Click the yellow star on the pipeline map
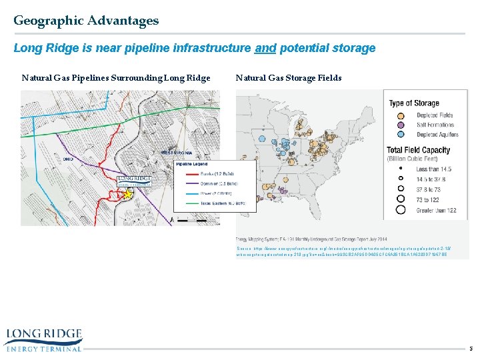point(126,194)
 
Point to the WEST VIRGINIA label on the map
point(177,153)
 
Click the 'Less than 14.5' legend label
point(434,170)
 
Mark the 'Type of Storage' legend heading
point(414,103)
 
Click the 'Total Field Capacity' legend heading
point(423,151)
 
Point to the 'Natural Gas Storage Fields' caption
point(289,78)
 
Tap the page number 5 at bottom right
point(470,348)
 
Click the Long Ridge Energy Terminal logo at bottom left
point(43,339)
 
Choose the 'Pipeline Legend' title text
point(192,163)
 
